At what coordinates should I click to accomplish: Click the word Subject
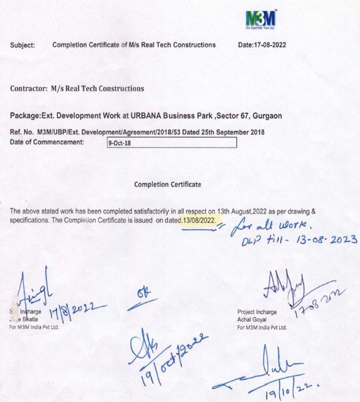(x=22, y=45)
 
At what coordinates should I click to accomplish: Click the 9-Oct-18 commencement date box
(x=171, y=143)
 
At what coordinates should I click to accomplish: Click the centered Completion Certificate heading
(x=168, y=184)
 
